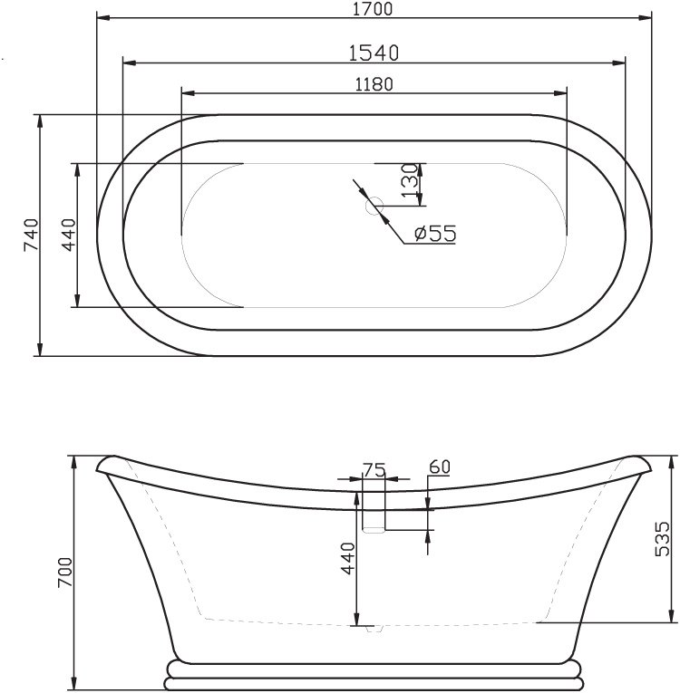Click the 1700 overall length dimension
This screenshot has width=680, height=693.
tap(374, 10)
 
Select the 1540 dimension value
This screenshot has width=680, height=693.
tap(374, 52)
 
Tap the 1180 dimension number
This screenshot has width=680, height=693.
tap(374, 83)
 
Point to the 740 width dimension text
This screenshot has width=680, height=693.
tap(30, 236)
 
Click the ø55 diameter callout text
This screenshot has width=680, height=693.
tap(434, 233)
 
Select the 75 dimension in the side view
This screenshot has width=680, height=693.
tap(374, 468)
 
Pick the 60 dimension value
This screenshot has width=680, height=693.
tap(439, 467)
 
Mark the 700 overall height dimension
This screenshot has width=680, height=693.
tap(64, 572)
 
